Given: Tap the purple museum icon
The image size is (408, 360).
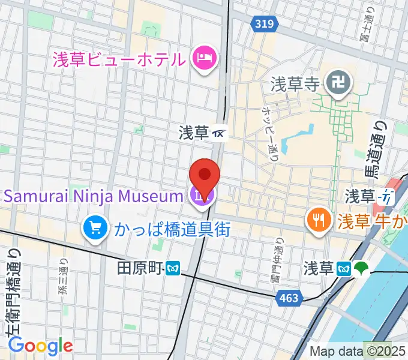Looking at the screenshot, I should [200, 196].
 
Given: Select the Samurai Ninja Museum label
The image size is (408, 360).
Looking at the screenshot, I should [93, 196].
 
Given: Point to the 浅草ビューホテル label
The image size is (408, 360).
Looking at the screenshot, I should [118, 59].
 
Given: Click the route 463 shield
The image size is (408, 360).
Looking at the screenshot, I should [289, 297].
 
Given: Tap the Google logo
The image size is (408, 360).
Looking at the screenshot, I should [40, 346].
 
